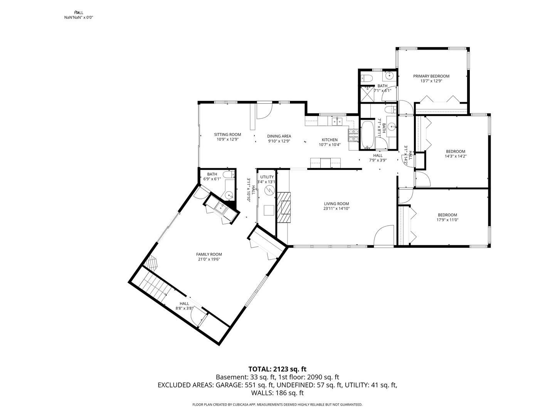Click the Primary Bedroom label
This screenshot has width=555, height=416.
pyautogui.click(x=431, y=76)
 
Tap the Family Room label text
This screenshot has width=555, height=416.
pyautogui.click(x=209, y=254)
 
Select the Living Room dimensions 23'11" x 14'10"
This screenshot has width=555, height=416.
pyautogui.click(x=336, y=209)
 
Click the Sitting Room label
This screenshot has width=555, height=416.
pyautogui.click(x=227, y=135)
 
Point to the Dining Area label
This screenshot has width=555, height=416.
pyautogui.click(x=279, y=136)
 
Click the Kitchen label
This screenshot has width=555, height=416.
pyautogui.click(x=330, y=140)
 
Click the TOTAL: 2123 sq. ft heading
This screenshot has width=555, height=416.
pyautogui.click(x=277, y=369)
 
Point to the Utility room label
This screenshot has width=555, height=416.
pyautogui.click(x=267, y=177)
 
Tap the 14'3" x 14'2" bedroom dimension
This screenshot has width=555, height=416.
pyautogui.click(x=455, y=156)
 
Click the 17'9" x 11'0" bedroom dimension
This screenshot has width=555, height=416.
pyautogui.click(x=447, y=220)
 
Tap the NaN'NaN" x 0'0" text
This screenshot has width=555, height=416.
pyautogui.click(x=79, y=17)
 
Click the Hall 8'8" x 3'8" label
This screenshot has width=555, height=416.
pyautogui.click(x=184, y=304)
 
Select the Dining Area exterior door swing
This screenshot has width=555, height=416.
pyautogui.click(x=264, y=111)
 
